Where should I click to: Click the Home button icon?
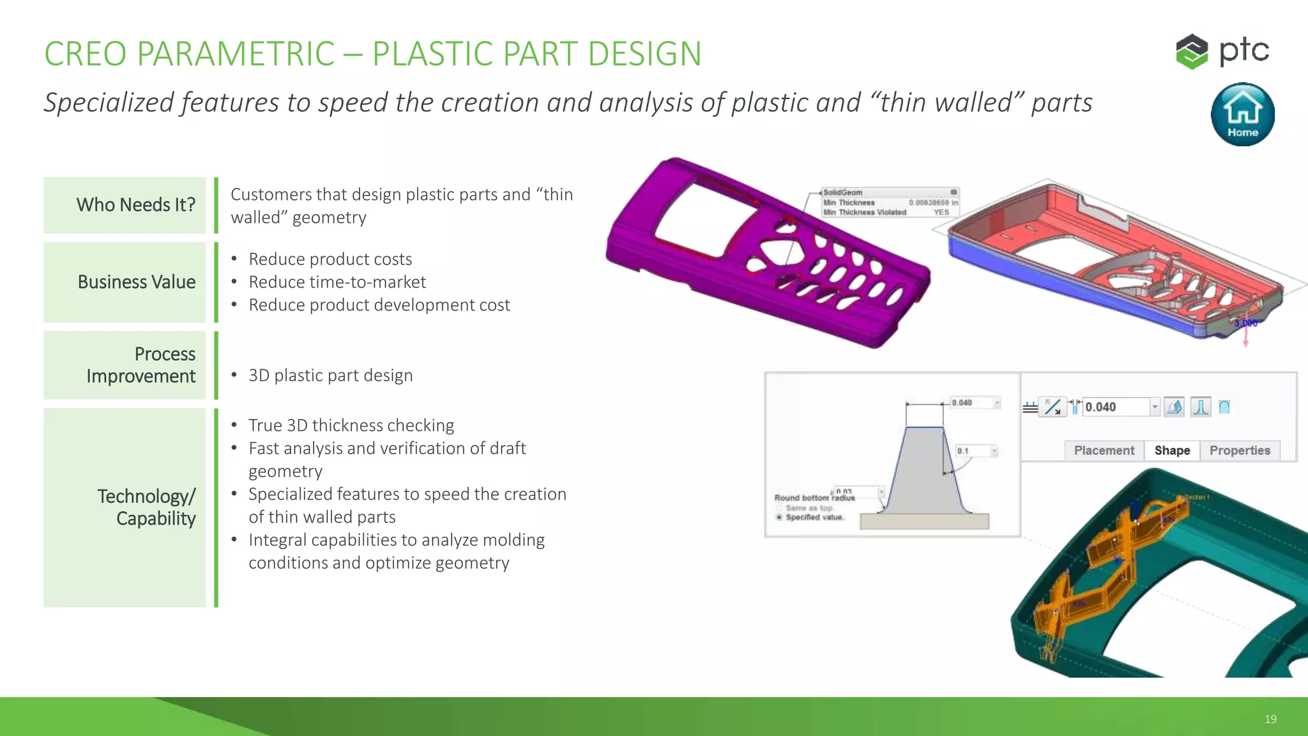[x=1242, y=114]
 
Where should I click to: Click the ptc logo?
[x=1222, y=51]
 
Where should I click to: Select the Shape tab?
[x=1172, y=450]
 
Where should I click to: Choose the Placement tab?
[x=1104, y=450]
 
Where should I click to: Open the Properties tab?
[x=1240, y=450]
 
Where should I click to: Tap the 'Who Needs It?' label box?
[x=125, y=205]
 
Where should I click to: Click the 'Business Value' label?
[x=125, y=282]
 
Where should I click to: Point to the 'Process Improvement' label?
[x=125, y=365]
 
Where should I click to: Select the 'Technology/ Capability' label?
[x=125, y=507]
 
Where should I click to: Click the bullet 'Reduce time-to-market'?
[x=337, y=282]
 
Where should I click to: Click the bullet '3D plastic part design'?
[x=330, y=375]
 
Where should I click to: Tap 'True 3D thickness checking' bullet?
[x=351, y=425]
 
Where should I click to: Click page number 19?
[x=1270, y=719]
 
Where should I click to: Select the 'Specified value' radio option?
[x=779, y=517]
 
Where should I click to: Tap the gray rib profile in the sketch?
[x=924, y=473]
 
